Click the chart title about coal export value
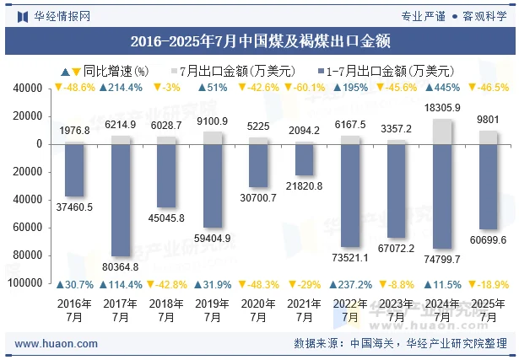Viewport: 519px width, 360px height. pyautogui.click(x=259, y=40)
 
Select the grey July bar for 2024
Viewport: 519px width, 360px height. pyautogui.click(x=442, y=131)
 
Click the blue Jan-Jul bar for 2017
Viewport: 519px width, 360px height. pyautogui.click(x=121, y=200)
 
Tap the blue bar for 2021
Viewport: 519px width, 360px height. pyautogui.click(x=304, y=159)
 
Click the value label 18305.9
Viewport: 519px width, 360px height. pyautogui.click(x=442, y=108)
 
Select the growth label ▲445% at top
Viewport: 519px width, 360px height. pyautogui.click(x=442, y=88)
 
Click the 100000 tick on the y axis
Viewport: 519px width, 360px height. pyautogui.click(x=26, y=283)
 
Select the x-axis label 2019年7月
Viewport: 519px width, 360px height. pyautogui.click(x=213, y=310)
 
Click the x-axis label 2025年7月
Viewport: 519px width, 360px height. pyautogui.click(x=488, y=310)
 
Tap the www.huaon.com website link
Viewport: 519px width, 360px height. pyautogui.click(x=57, y=344)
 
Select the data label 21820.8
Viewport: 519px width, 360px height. pyautogui.click(x=304, y=185)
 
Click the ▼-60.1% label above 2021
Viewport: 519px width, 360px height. pyautogui.click(x=304, y=88)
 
